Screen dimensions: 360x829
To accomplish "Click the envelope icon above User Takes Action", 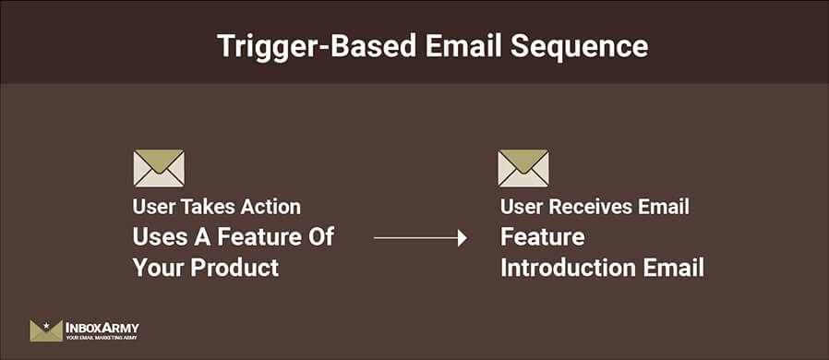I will click(x=159, y=168).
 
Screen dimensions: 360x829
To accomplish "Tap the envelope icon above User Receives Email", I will click(x=523, y=168).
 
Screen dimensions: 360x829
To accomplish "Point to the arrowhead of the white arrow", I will click(x=461, y=238).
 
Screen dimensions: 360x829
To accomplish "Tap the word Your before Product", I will click(x=158, y=269).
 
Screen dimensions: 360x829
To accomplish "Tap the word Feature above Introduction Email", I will click(x=542, y=237).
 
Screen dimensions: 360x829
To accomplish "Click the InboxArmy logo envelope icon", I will click(x=45, y=330).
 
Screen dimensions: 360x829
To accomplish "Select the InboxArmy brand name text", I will click(x=102, y=327).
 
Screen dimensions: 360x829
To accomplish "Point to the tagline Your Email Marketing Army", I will click(x=102, y=339).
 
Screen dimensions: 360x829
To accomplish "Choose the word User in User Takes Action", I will click(x=152, y=208).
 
